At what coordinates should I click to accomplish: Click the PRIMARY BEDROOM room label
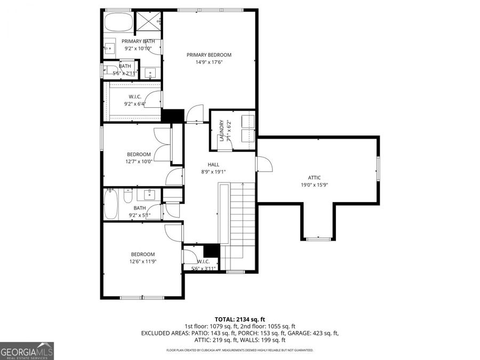point(209,54)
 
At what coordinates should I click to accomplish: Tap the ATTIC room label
point(314,178)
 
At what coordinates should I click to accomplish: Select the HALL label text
point(213,165)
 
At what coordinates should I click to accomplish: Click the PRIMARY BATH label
point(138,41)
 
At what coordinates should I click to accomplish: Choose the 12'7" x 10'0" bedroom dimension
point(139,161)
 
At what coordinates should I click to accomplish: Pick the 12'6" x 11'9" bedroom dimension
point(143,261)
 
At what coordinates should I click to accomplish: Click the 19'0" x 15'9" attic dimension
point(314,185)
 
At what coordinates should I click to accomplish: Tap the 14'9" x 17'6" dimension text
point(209,62)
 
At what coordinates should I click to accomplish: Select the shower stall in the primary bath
point(149,21)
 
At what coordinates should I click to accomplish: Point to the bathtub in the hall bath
point(110,205)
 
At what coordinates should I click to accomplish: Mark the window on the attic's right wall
point(379,168)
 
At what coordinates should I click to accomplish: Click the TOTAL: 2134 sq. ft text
point(239,319)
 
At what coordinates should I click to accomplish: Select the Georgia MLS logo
point(27,351)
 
